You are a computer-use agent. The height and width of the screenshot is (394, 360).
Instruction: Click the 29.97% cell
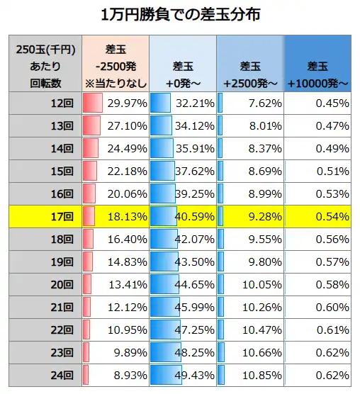127,103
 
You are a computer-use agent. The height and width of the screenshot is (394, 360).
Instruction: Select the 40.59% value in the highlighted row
194,216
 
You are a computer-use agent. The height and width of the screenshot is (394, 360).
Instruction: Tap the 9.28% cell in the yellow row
261,216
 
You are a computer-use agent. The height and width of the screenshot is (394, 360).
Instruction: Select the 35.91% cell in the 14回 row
194,149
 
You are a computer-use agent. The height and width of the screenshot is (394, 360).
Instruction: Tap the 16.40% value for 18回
127,239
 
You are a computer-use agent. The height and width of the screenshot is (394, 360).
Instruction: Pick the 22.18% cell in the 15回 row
127,171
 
